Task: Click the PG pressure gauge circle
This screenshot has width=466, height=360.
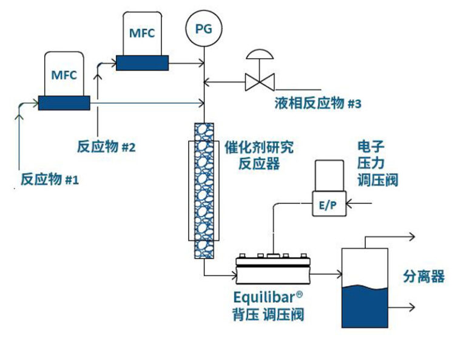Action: (204, 29)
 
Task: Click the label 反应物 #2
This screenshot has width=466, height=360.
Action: (106, 147)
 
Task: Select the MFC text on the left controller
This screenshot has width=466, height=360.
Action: (64, 75)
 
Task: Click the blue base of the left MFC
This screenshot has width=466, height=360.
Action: (64, 103)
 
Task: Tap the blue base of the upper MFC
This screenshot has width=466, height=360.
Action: (142, 63)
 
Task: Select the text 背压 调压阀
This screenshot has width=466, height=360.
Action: (268, 314)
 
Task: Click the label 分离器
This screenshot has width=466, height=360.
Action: (424, 277)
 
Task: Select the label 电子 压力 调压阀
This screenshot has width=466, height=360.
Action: (377, 164)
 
